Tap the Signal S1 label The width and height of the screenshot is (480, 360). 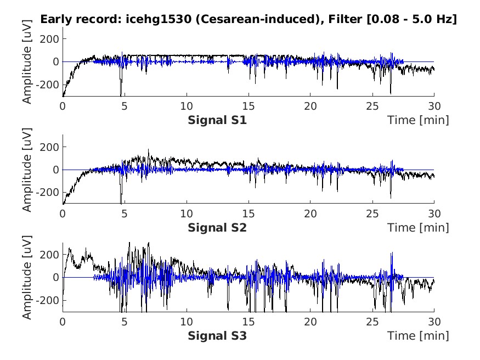(x=217, y=120)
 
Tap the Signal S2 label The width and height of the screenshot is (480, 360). (x=217, y=228)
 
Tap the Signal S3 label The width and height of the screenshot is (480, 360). (x=217, y=335)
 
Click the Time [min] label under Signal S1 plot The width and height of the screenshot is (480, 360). (x=418, y=120)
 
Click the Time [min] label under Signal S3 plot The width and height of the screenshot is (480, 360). (x=418, y=335)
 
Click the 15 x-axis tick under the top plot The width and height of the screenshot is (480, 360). (x=249, y=107)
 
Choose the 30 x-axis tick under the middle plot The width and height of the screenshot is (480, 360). (x=433, y=215)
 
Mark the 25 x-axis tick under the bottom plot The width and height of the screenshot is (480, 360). (x=372, y=322)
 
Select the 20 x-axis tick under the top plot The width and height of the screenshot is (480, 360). (x=310, y=107)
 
